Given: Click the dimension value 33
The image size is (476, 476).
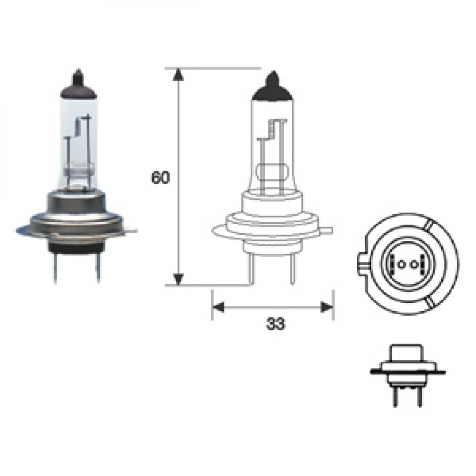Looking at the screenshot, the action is coord(276,324).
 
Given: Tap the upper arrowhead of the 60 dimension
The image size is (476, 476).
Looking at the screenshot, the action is coord(178,75).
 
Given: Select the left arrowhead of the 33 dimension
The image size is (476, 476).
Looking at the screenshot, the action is coord(218,307).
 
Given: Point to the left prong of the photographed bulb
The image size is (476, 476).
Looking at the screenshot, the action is coord(55,268).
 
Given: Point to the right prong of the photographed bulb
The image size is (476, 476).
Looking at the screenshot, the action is coord(98,268).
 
